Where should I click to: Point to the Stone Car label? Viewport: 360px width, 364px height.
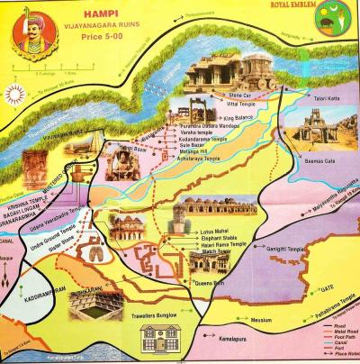[240, 95]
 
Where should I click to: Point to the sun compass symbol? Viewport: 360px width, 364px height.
[15, 93]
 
